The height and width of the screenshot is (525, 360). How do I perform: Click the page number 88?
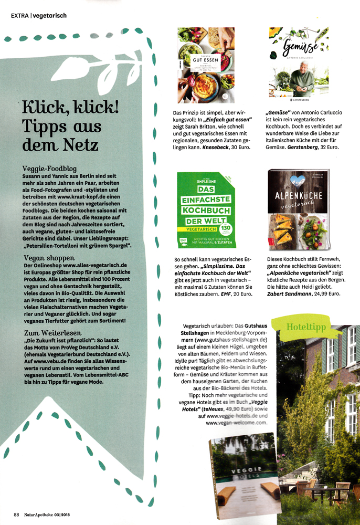pos(16,514)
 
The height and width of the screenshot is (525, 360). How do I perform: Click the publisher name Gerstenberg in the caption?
pos(306,149)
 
